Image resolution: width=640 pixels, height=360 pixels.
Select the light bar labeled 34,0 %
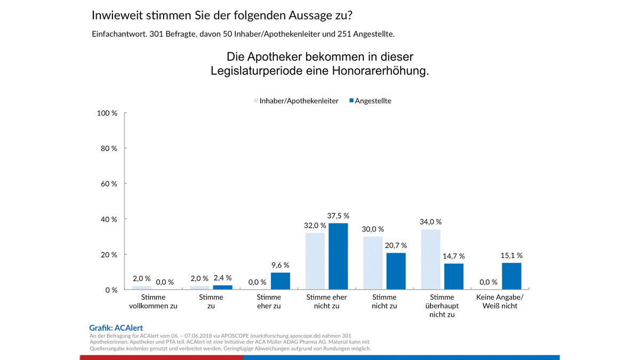[431, 260]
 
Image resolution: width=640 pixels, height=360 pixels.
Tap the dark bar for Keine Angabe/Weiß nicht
[511, 276]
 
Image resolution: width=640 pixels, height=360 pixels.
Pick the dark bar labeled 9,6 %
[281, 281]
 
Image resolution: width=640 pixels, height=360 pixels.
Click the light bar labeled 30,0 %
[373, 263]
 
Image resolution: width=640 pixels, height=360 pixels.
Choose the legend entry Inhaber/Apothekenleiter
[295, 101]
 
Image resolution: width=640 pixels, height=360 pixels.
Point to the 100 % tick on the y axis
[107, 113]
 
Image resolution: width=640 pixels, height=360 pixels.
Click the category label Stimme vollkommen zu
[153, 301]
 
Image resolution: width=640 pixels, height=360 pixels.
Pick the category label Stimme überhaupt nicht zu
[442, 306]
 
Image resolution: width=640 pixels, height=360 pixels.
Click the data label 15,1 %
[511, 255]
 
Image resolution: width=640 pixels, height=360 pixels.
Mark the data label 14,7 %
[454, 257]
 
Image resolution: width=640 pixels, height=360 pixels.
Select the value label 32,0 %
[315, 226]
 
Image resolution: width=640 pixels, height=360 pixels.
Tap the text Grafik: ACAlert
[116, 328]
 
